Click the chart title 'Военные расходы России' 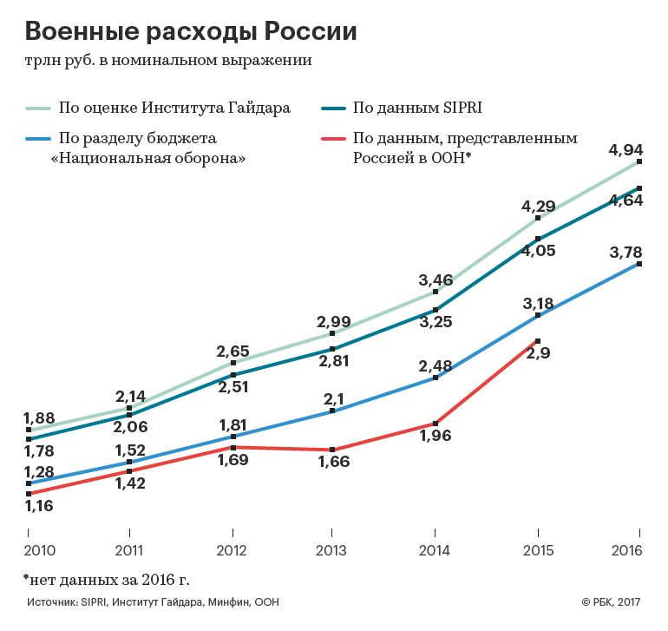pyautogui.click(x=191, y=32)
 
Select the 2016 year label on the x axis pyautogui.click(x=639, y=552)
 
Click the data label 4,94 pyautogui.click(x=625, y=149)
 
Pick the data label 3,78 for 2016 pyautogui.click(x=625, y=253)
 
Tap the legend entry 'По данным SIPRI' pyautogui.click(x=416, y=108)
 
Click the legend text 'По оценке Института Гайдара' pyautogui.click(x=174, y=108)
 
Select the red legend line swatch pyautogui.click(x=333, y=138)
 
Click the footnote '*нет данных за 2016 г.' pyautogui.click(x=106, y=578)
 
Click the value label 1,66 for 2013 pyautogui.click(x=334, y=462)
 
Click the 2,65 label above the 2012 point pyautogui.click(x=232, y=352)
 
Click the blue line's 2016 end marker pyautogui.click(x=639, y=263)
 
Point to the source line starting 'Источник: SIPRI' pyautogui.click(x=153, y=602)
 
